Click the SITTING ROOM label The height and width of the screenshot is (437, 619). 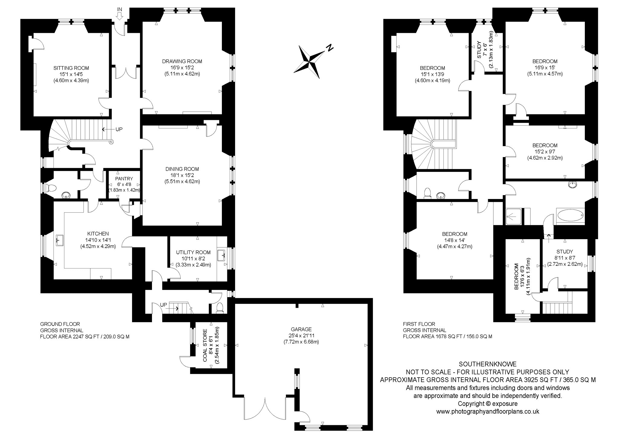(71, 68)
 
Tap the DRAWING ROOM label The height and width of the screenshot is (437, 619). (182, 61)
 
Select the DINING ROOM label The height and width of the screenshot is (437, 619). (182, 169)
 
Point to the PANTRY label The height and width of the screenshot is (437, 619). (124, 179)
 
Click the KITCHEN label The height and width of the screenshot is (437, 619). (98, 234)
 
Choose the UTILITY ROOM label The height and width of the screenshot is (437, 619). (193, 252)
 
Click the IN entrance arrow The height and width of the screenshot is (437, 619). (119, 16)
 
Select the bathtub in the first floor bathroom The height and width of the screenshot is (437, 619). (570, 216)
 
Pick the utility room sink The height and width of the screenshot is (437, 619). (222, 255)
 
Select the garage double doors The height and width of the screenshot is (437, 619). (265, 410)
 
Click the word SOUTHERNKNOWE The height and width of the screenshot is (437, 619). (488, 364)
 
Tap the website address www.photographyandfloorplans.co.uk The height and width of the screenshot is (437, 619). (488, 411)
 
